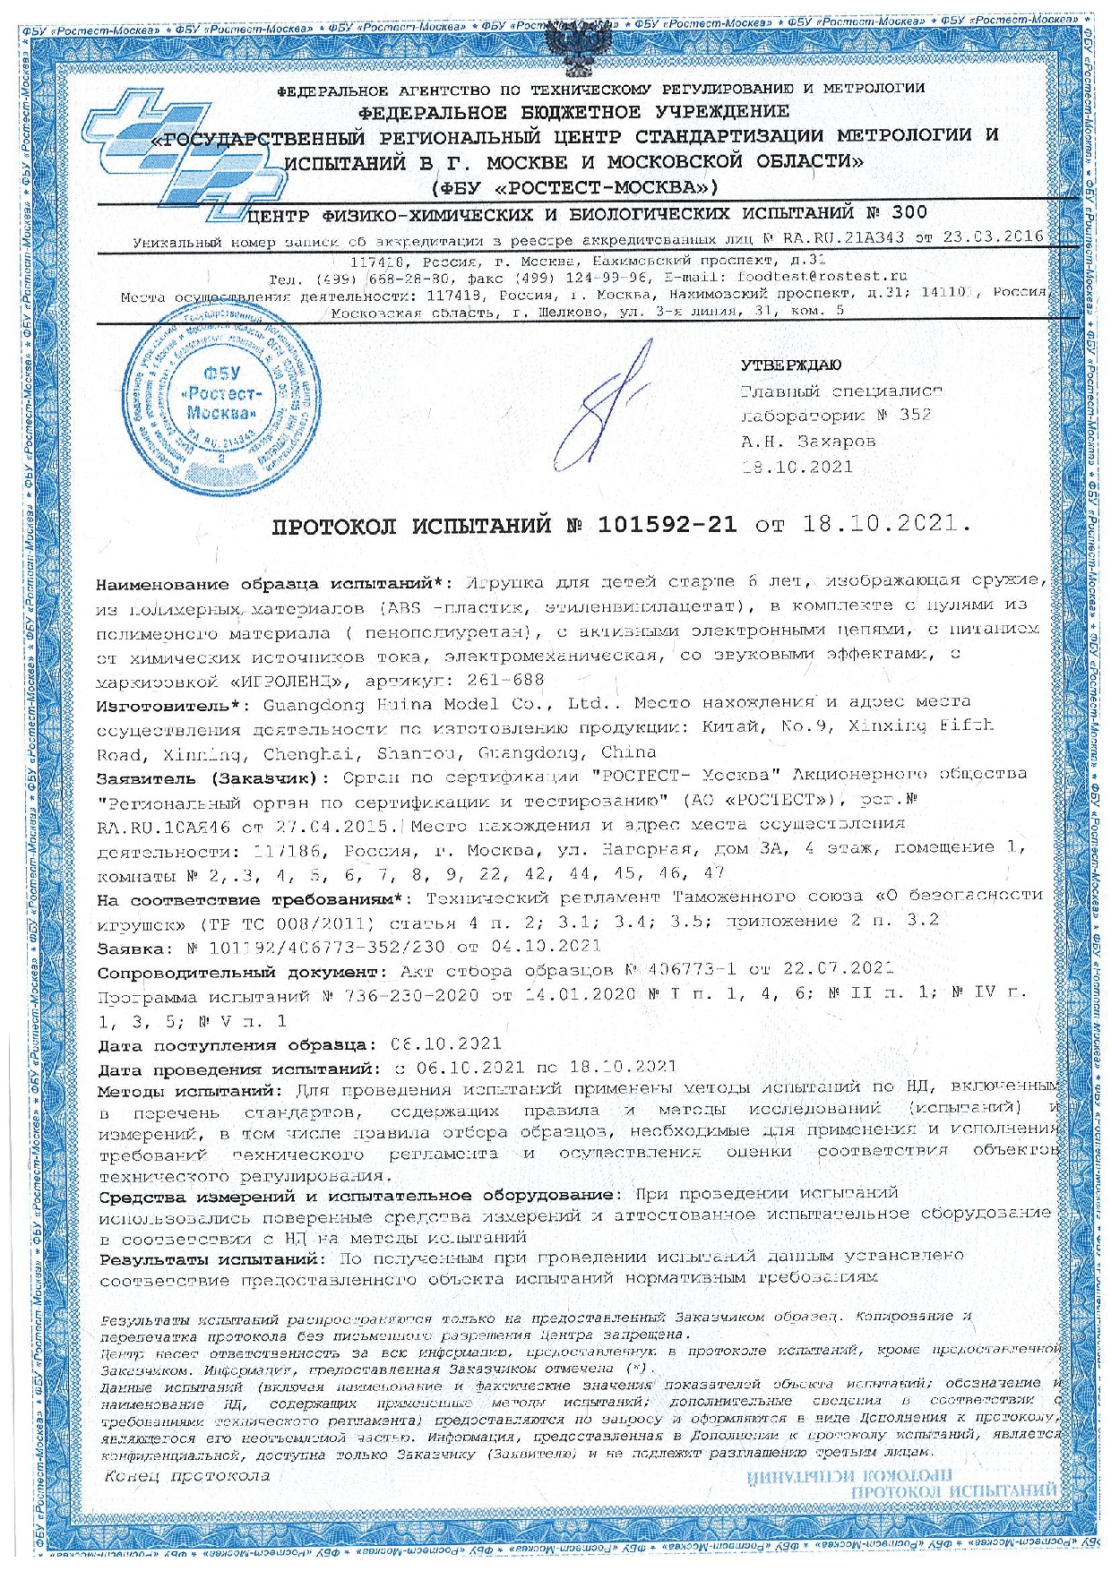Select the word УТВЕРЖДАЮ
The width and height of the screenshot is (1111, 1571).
pos(791,365)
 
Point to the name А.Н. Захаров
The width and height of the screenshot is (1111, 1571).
pos(807,441)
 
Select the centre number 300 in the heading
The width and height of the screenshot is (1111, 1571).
pos(909,213)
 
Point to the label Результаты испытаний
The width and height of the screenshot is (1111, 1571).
pos(210,1259)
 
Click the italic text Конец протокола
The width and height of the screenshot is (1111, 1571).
pos(186,1476)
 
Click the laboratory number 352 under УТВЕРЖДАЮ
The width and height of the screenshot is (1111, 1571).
pos(915,415)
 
